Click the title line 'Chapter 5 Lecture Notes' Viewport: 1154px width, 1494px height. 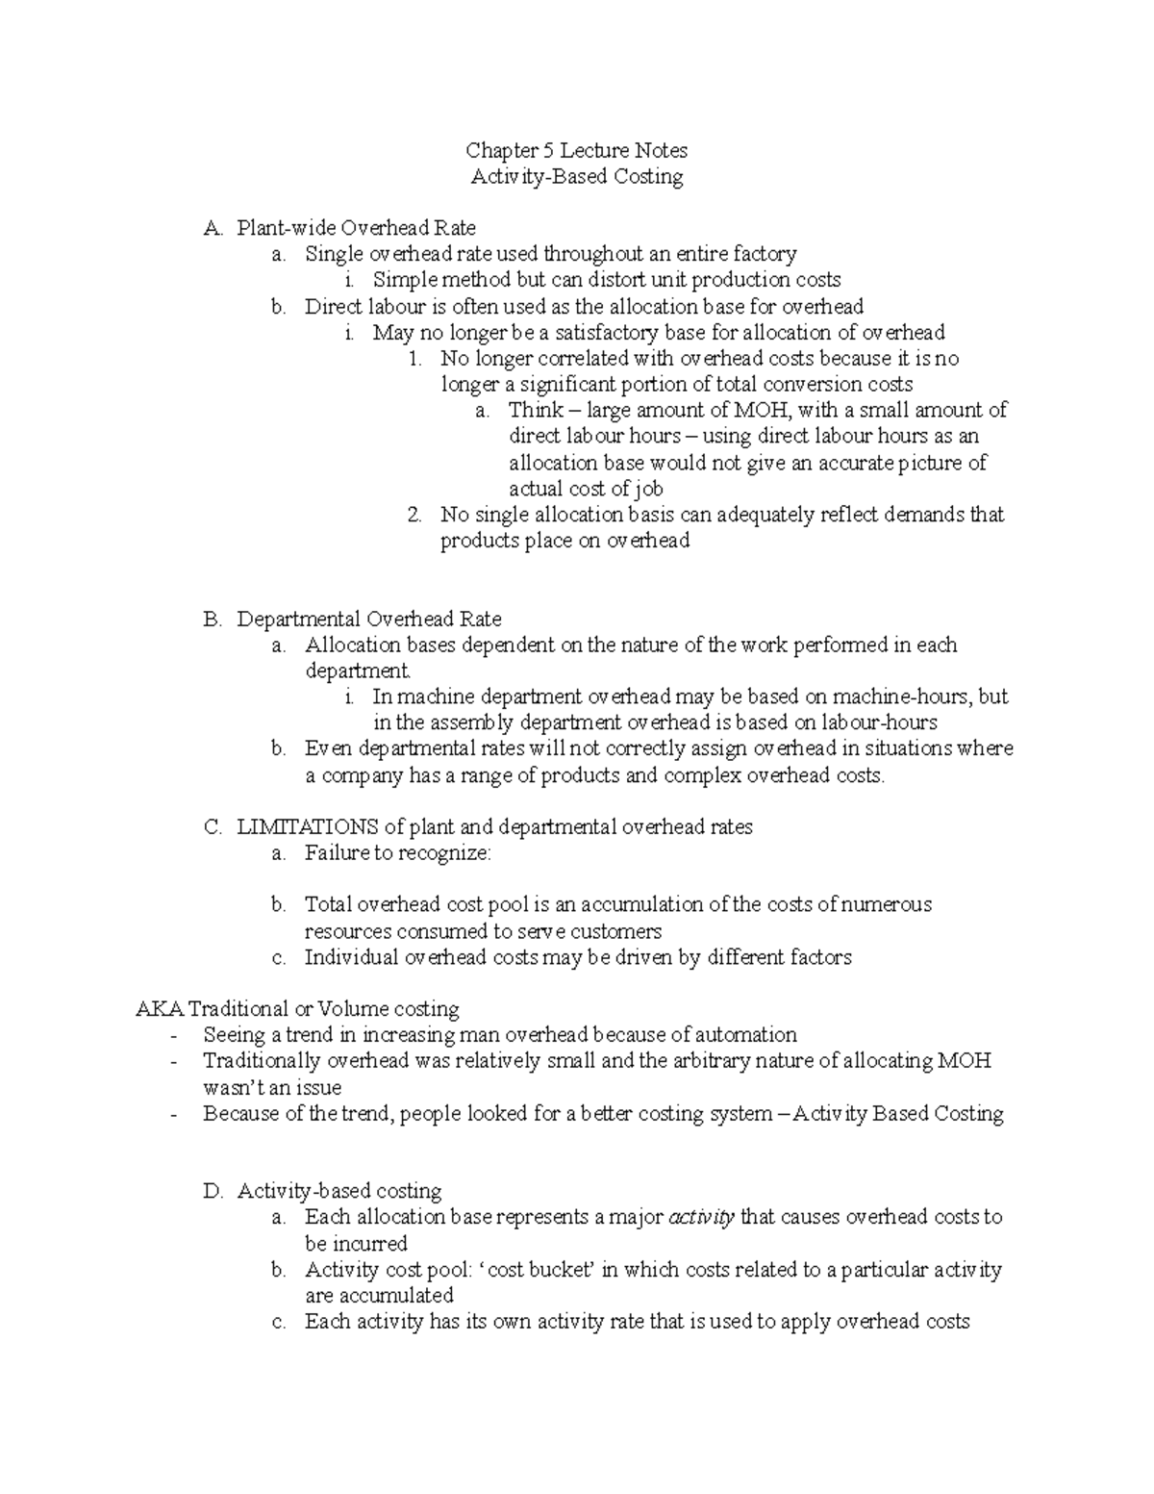[576, 150]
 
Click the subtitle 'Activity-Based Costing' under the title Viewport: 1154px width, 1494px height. [576, 176]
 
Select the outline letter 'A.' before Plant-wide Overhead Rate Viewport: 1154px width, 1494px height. [213, 229]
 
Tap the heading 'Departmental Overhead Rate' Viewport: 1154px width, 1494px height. [369, 619]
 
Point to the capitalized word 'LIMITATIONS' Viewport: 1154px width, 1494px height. [308, 826]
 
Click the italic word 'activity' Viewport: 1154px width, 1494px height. [701, 1217]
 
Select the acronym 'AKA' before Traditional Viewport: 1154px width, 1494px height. [160, 1009]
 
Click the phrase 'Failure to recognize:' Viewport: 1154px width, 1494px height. [397, 852]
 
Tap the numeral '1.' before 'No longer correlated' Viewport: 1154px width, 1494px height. [414, 359]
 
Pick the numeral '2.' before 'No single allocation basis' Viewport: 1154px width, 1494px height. [414, 515]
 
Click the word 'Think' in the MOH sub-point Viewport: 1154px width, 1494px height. [537, 411]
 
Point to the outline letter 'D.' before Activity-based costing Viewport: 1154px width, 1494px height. [213, 1191]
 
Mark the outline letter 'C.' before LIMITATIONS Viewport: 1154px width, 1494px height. [213, 826]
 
